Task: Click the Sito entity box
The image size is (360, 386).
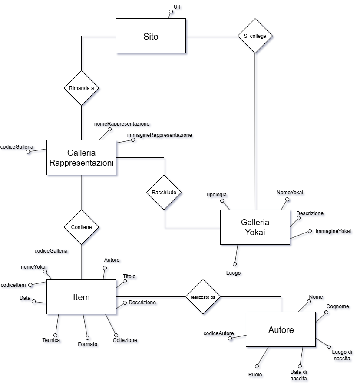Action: [x=151, y=37]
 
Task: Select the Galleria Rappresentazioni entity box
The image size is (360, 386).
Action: [x=82, y=158]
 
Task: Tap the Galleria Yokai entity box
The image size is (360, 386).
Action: [x=255, y=227]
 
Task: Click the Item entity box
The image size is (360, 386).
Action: [x=81, y=297]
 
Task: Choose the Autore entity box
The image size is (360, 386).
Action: [x=281, y=330]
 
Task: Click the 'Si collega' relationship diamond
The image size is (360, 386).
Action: [x=255, y=36]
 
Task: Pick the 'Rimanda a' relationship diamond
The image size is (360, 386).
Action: [x=81, y=88]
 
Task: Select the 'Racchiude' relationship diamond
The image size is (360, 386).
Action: [x=164, y=193]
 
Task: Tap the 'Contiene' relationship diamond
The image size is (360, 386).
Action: [x=81, y=227]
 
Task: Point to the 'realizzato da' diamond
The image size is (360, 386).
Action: [x=203, y=298]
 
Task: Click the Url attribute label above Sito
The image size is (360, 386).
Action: [x=178, y=7]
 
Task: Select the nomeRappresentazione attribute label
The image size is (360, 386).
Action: [x=122, y=124]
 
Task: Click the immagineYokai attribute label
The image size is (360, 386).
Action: [x=334, y=231]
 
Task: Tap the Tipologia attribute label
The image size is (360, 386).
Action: [x=217, y=195]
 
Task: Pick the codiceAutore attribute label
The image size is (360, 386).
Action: [x=219, y=334]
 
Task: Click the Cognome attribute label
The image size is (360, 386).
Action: [x=338, y=306]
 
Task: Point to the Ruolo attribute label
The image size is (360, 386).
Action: [x=256, y=375]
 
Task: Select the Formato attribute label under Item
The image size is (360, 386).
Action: [x=89, y=344]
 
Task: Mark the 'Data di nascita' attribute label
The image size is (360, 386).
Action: [x=299, y=376]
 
